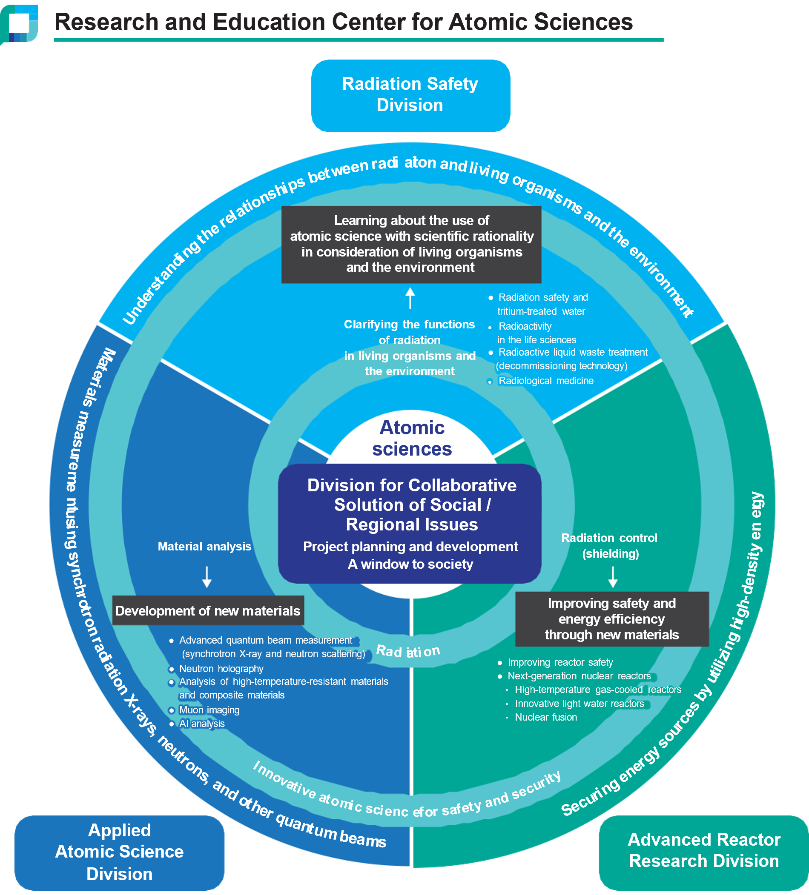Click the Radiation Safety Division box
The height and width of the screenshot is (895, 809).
pos(410,95)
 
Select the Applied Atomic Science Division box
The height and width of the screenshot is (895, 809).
pos(119,852)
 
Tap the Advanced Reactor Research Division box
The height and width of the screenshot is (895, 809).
pos(704,852)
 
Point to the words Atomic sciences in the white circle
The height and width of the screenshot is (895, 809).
pos(412,438)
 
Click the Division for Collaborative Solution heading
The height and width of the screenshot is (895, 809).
pos(412,505)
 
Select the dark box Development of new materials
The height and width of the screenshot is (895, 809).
pos(208,610)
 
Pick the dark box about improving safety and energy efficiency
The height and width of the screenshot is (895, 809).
pos(612,619)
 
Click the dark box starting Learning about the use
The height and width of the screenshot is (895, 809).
pos(411,244)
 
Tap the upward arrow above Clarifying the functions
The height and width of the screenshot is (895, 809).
pos(410,298)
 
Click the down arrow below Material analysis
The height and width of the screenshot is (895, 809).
pos(207,577)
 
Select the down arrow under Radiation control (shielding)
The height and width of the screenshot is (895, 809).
pos(613,577)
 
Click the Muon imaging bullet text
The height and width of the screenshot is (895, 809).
pos(209,710)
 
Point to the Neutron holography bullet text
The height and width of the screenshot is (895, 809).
pos(221,669)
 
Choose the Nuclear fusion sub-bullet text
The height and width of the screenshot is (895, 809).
pos(546,717)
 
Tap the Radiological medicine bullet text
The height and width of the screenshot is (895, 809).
pos(546,380)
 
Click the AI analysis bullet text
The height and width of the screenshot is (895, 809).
pos(202,723)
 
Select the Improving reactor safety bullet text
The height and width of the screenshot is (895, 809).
pos(560,662)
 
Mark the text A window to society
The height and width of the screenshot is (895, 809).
pos(410,564)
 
